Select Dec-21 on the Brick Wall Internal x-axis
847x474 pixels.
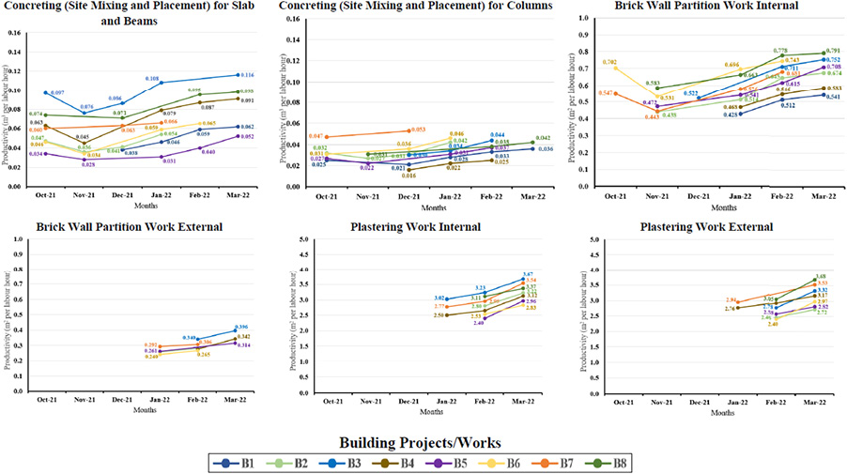click(698, 197)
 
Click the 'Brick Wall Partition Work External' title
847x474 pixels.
click(124, 226)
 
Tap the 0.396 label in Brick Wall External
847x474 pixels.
click(247, 327)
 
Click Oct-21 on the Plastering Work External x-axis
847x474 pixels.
click(615, 402)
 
